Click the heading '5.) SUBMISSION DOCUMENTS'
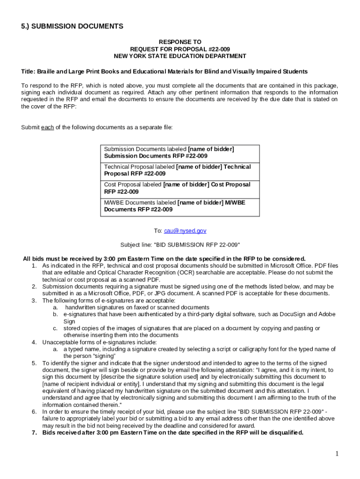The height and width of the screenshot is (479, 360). coord(72,26)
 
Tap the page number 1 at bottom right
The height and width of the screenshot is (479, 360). coord(337,453)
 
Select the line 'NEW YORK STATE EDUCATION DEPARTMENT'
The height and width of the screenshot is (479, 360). coord(180,56)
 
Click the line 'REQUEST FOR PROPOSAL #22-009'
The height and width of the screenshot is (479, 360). coord(180,49)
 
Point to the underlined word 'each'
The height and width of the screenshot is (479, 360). coord(47,127)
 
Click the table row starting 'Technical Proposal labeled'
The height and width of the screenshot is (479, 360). coord(180,170)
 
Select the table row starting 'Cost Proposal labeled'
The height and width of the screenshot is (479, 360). coord(180,188)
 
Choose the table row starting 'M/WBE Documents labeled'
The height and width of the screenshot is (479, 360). coord(180,206)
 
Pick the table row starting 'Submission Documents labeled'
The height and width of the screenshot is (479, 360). coord(180,152)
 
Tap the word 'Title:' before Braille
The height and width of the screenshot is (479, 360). coord(29,72)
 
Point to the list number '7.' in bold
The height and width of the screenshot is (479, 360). coord(34,433)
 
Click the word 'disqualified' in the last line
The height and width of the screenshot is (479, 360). coord(285,433)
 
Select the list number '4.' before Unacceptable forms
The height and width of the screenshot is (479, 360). coord(34,342)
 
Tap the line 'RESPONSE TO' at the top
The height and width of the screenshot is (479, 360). coord(180,42)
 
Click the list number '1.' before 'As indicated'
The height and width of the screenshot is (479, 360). coord(34,266)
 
